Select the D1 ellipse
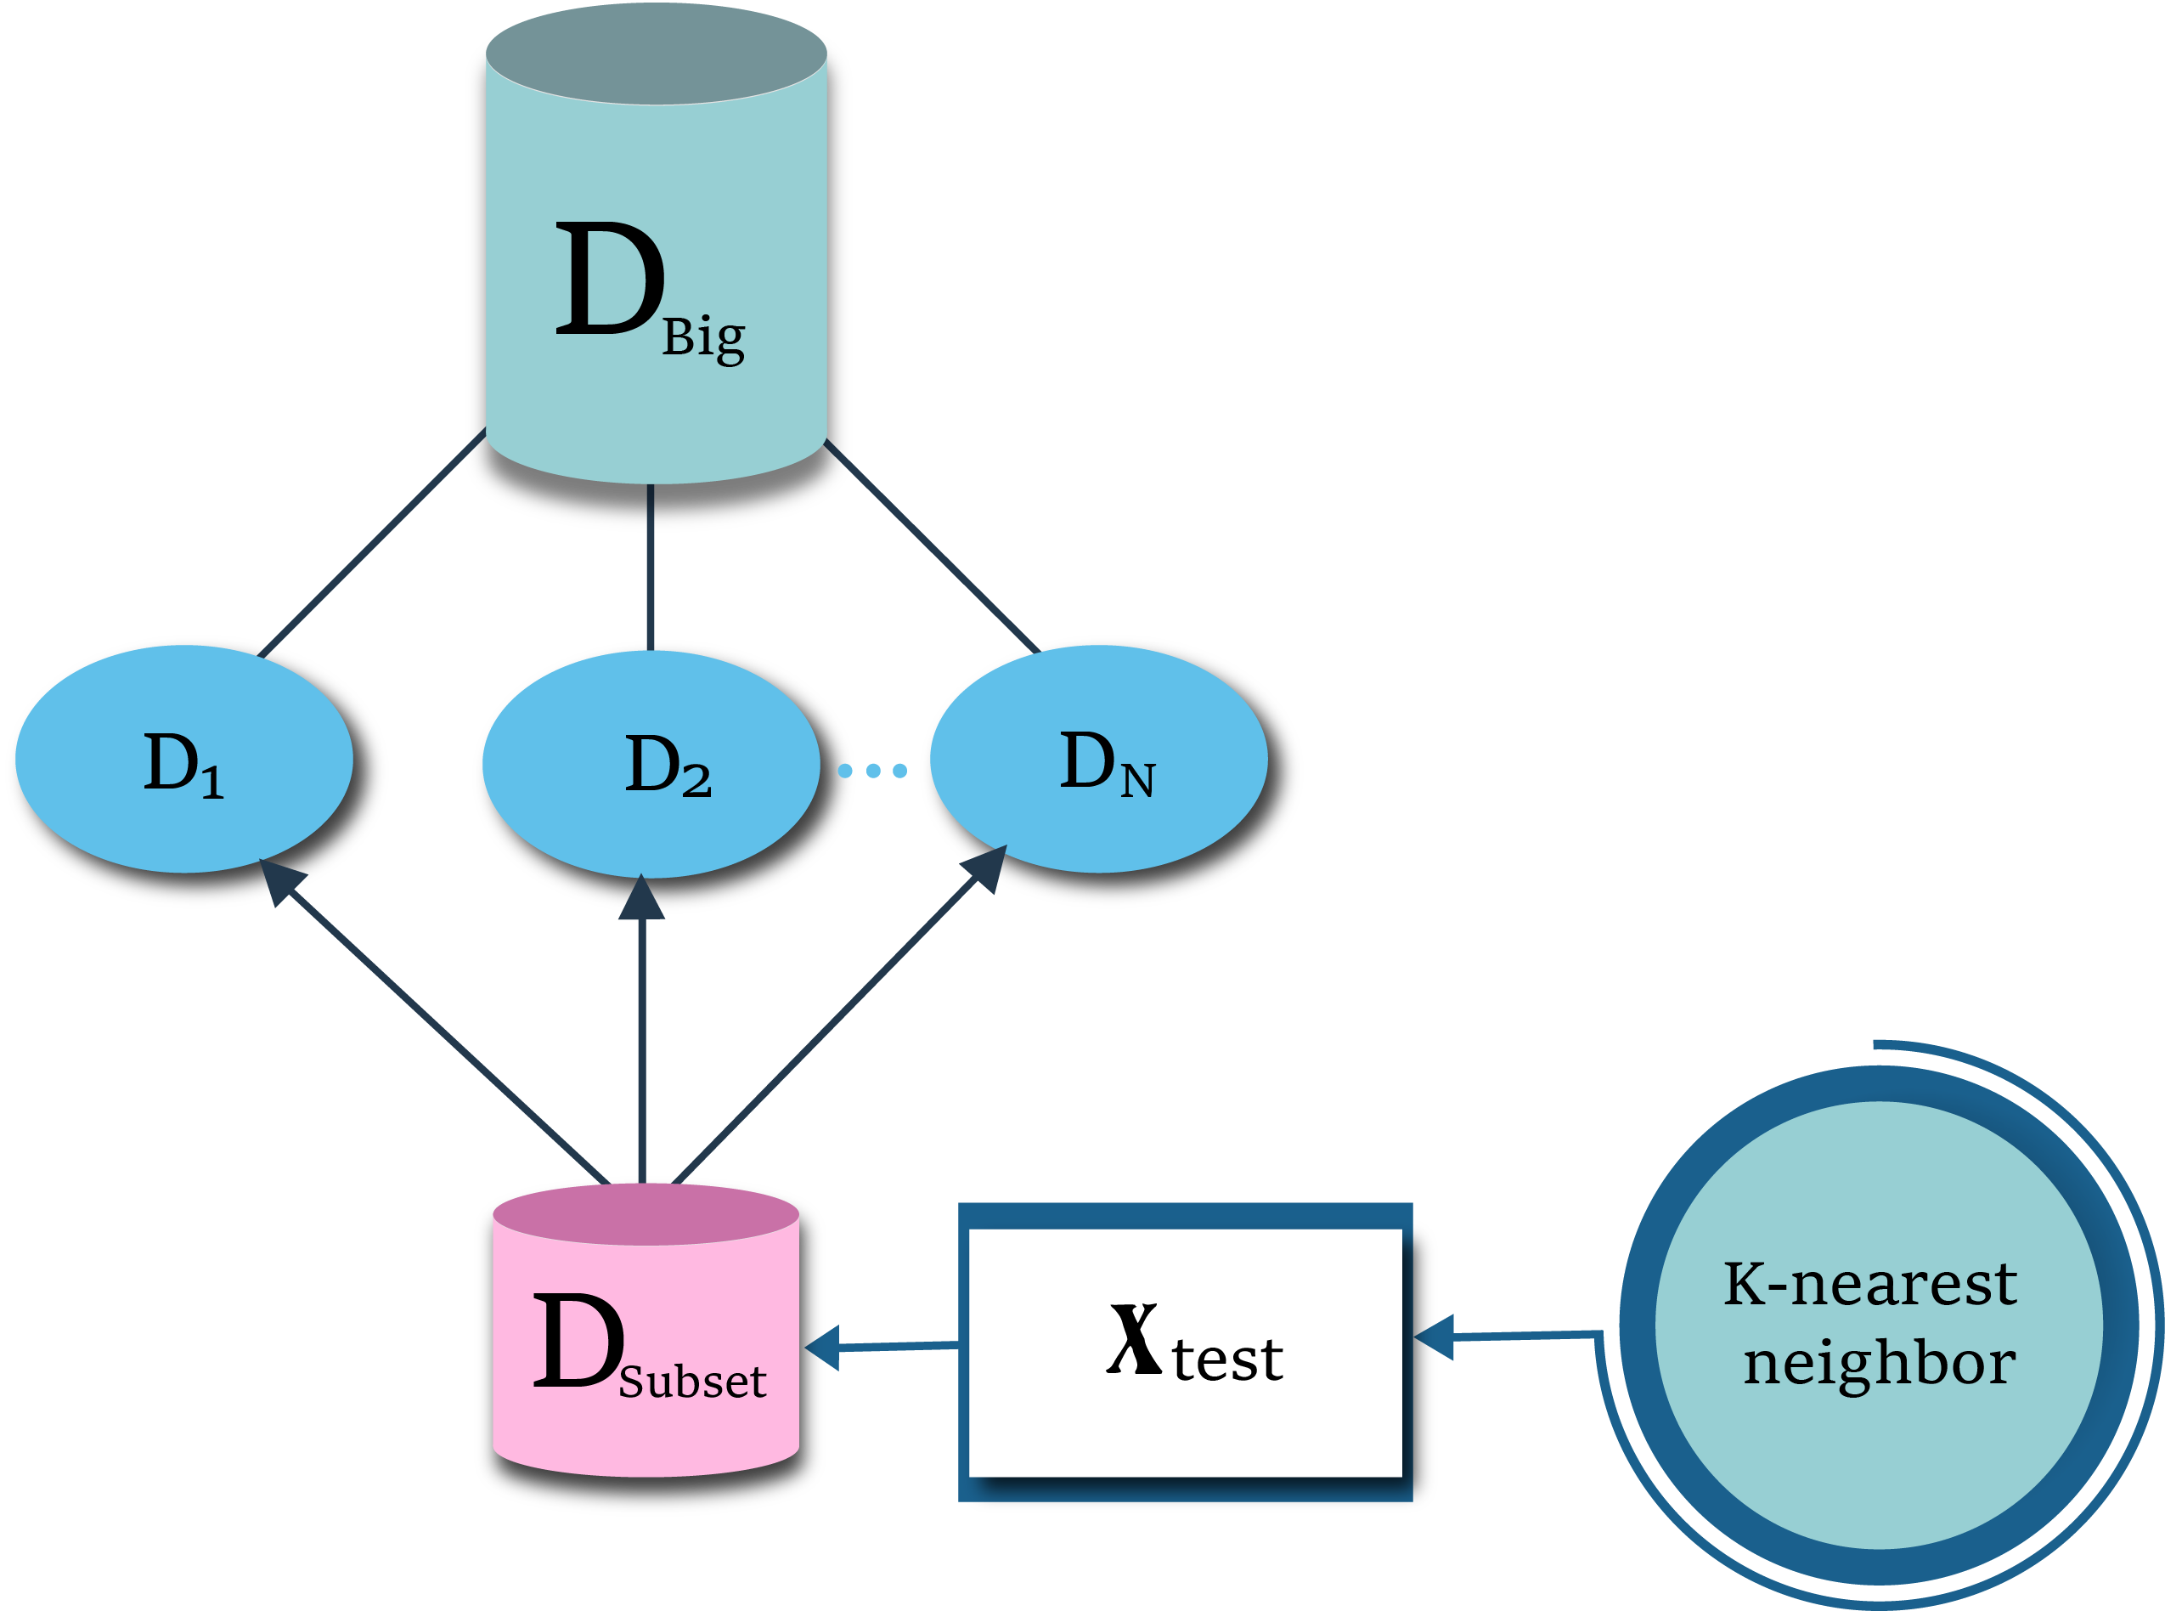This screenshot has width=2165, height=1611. coord(184,760)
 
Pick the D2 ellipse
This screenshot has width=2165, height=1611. coord(651,765)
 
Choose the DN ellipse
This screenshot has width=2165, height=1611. coord(1098,760)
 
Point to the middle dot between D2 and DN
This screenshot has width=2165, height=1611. coord(873,771)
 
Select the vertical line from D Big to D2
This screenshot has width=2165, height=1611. coord(651,566)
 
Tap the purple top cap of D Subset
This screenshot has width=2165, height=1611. coord(646,1214)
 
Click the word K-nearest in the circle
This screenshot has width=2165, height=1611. coord(1869,1285)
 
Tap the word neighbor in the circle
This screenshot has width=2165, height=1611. coord(1879,1363)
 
